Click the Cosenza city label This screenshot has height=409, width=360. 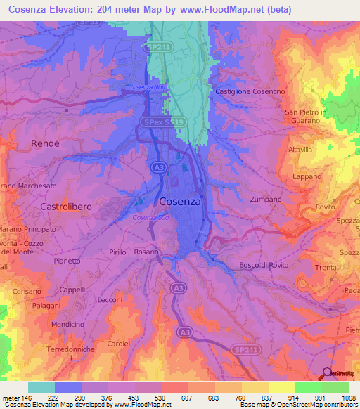180,201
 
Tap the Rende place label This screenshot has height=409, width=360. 46,143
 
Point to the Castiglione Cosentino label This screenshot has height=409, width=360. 250,92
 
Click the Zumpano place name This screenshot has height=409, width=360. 264,200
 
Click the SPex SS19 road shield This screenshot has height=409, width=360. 164,122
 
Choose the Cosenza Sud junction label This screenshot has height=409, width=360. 150,217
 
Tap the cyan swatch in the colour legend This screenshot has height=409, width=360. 41,387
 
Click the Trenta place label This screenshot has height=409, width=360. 326,268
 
